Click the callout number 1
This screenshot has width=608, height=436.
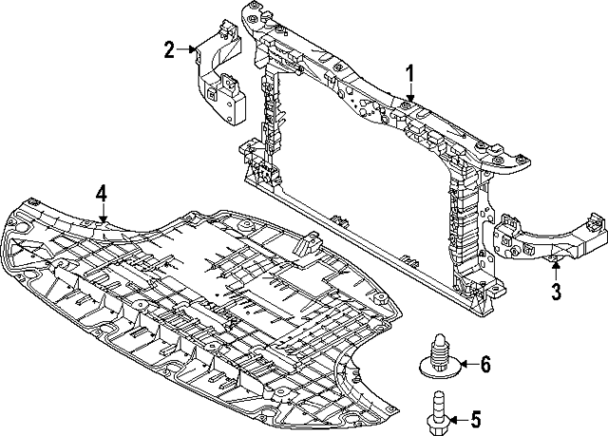click(411, 73)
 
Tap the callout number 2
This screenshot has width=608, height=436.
click(169, 49)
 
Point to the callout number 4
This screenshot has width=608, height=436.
click(101, 195)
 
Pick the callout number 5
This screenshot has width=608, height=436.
click(477, 418)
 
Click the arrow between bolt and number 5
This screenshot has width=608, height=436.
click(453, 418)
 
